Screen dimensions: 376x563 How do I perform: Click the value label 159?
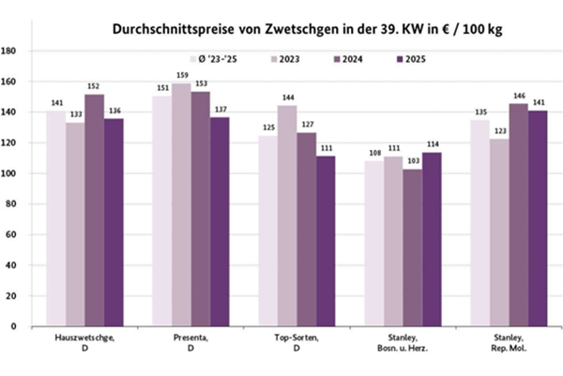point(181,76)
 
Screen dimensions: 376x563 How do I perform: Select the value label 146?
point(519,96)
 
